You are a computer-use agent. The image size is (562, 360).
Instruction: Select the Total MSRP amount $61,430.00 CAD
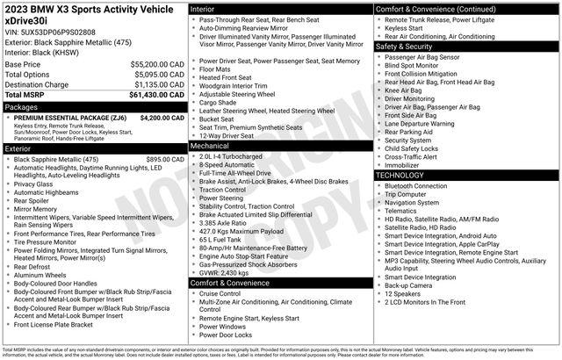tap(156, 94)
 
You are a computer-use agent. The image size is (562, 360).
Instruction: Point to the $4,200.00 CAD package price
tap(161, 117)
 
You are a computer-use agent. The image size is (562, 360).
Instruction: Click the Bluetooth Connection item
tap(415, 186)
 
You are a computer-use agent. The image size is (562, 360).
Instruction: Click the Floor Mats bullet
tap(214, 68)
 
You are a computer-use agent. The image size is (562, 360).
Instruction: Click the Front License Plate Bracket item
tap(65, 349)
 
